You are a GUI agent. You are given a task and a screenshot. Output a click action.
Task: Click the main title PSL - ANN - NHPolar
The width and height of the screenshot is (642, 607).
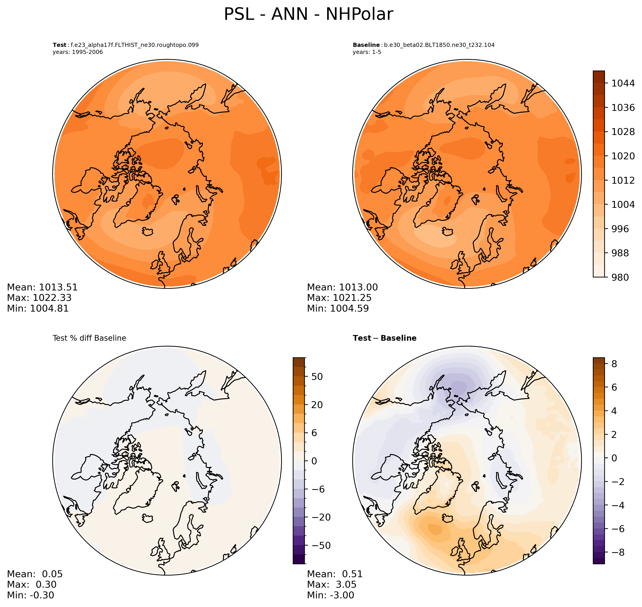coord(308,15)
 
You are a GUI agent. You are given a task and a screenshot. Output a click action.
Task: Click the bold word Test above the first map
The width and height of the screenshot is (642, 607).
coord(60,45)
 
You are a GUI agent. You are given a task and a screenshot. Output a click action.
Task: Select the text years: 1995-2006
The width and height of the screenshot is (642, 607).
coord(78,52)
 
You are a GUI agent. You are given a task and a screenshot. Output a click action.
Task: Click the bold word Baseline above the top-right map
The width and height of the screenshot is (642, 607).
coord(366,45)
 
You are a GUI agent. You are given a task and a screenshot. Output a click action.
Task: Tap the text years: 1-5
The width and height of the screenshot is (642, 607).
coord(367,52)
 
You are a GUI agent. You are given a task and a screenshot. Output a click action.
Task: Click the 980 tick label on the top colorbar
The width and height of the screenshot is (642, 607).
coord(620,277)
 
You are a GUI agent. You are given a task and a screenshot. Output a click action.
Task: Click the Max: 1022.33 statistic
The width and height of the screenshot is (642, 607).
coord(39,298)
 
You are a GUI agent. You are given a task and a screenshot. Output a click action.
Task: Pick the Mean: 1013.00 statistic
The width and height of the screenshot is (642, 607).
coord(342,287)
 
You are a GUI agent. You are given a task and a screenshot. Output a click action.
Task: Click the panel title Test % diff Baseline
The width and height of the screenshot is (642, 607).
coord(89,338)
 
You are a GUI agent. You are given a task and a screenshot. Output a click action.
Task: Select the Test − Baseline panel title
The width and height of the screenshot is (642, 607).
coord(384,338)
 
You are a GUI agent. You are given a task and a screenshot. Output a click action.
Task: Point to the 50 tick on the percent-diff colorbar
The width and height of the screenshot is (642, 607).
coord(317,377)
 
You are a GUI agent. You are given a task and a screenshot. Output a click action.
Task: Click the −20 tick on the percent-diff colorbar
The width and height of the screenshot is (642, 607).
coord(321,517)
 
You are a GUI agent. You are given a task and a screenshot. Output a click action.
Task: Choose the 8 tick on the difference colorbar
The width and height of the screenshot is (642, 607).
coord(614,364)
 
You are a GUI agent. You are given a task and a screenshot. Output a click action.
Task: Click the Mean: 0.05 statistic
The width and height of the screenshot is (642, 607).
coord(35,574)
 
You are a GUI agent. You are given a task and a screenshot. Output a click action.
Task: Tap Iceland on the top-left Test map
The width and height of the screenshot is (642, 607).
coord(148,231)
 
